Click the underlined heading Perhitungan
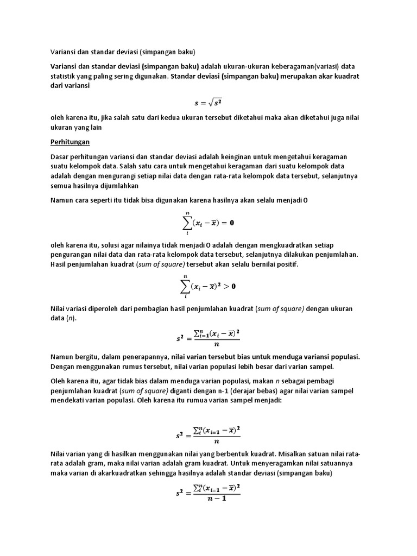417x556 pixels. click(x=70, y=142)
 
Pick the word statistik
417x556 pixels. click(x=64, y=76)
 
